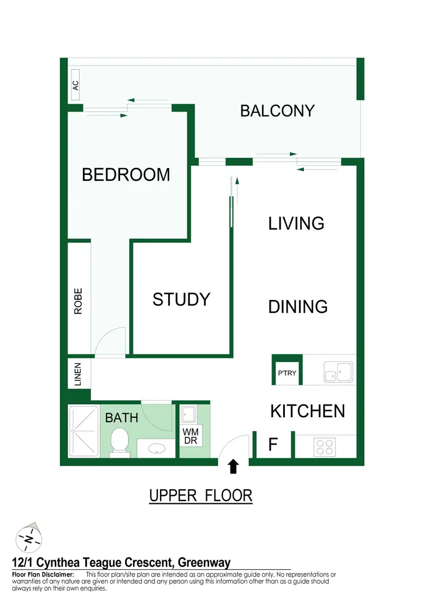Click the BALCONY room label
point(277,110)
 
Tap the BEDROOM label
point(126,175)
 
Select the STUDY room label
point(181,299)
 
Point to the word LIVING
point(296,224)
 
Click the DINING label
point(298,307)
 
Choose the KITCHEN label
point(307,411)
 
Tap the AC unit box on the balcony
point(76,86)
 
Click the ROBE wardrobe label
point(78,301)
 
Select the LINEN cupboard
point(78,374)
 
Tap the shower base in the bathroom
point(83,431)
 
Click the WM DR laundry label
point(190,436)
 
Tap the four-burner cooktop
point(325,447)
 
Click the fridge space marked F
point(273,445)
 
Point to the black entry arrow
point(234,466)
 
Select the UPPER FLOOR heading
point(200,496)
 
